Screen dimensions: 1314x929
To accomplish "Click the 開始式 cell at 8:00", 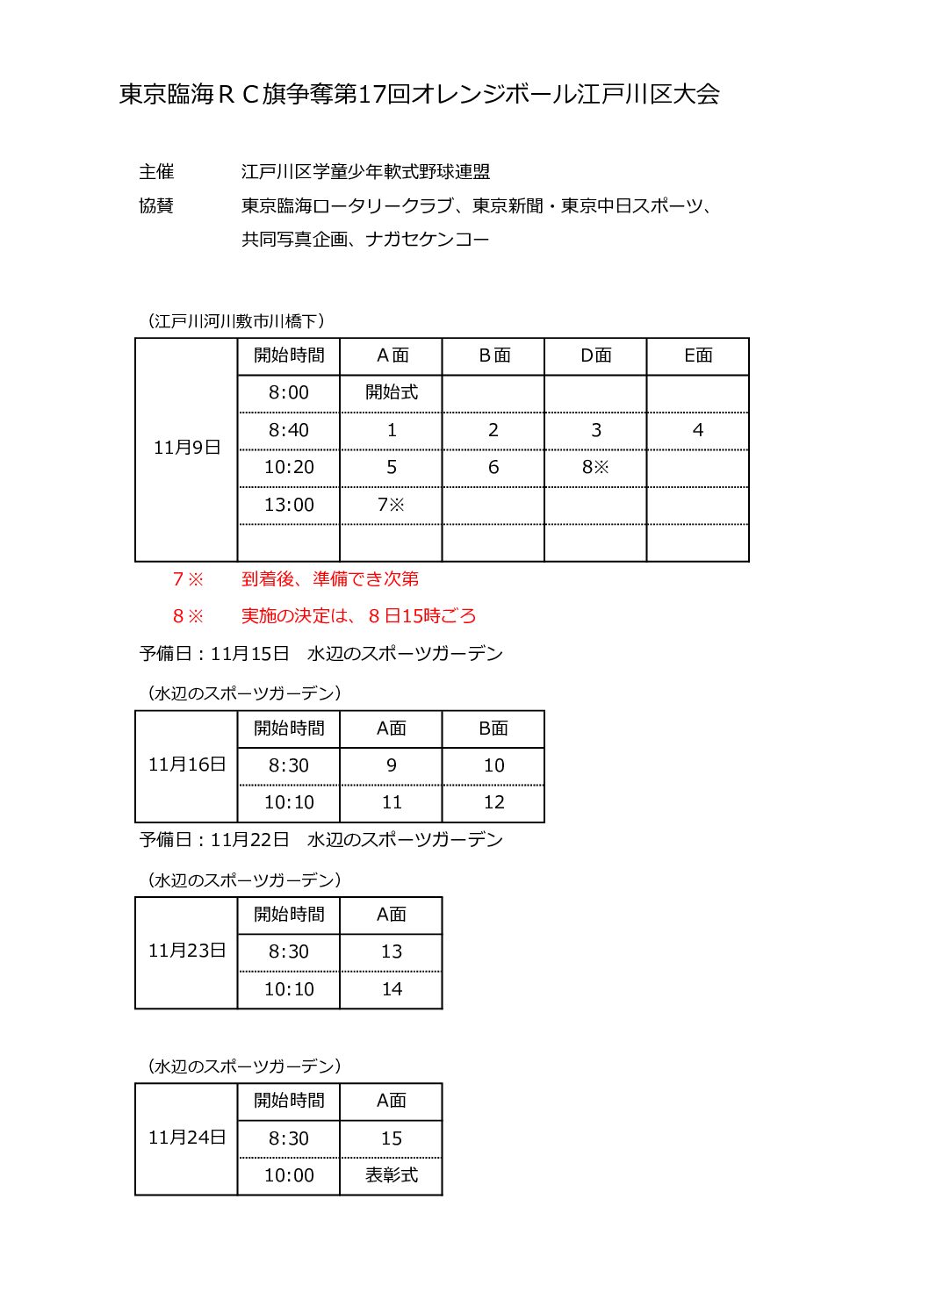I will [392, 392].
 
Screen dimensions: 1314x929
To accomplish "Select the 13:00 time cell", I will [289, 505].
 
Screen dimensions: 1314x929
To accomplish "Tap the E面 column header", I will [698, 355].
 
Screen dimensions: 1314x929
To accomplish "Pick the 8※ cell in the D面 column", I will [595, 467].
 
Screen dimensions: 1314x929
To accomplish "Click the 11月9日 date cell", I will [186, 448].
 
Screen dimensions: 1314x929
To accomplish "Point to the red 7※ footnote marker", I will [188, 579].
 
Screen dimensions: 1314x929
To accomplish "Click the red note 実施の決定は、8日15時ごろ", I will [358, 616].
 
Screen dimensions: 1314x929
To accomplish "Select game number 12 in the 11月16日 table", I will [493, 802].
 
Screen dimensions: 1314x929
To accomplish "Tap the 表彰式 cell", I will [392, 1175].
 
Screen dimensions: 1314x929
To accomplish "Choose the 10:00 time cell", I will [289, 1175].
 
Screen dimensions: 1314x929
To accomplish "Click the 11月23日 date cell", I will [186, 951].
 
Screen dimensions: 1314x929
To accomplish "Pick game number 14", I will [392, 989].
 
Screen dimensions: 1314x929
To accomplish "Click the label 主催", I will [156, 172].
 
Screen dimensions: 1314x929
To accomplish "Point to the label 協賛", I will [156, 205].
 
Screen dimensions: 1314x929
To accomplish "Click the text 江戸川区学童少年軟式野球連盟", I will [365, 172].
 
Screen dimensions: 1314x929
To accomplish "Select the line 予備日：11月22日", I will [320, 840].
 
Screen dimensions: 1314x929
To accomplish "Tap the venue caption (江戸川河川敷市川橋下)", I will [235, 321].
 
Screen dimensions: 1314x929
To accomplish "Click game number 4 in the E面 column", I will [698, 430].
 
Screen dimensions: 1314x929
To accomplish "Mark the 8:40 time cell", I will [289, 430].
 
